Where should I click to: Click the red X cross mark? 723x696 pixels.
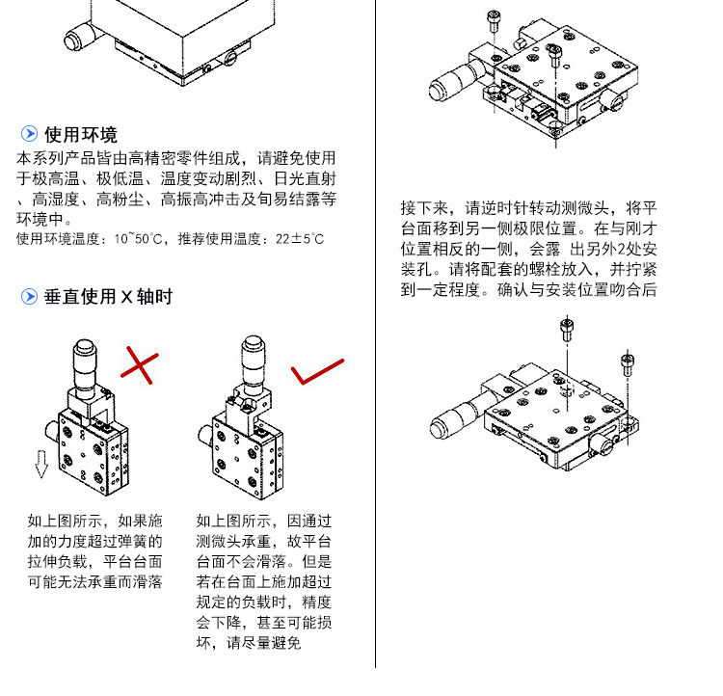[139, 366]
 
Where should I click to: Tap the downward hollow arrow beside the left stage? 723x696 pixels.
[41, 467]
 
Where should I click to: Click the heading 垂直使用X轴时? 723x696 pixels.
[108, 297]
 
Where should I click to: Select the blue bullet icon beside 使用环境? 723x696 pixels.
[30, 134]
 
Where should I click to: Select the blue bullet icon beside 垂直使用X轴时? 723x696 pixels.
[30, 297]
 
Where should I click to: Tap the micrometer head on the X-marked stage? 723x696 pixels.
[85, 359]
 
